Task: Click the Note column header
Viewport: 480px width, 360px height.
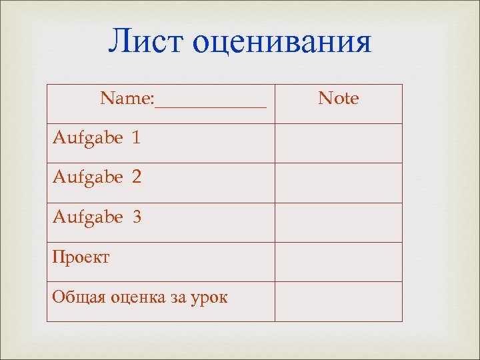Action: [x=339, y=99]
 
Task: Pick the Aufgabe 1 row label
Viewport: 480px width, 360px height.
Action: [x=97, y=139]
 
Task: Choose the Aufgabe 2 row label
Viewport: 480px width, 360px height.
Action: [x=97, y=178]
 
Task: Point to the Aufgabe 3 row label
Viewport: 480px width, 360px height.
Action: [x=97, y=217]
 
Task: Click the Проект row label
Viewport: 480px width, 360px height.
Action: [x=81, y=257]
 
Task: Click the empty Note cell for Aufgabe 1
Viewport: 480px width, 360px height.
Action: [x=339, y=143]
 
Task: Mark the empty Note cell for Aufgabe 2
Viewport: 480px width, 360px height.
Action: [x=339, y=183]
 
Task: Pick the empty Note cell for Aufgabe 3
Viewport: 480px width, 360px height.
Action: [x=339, y=222]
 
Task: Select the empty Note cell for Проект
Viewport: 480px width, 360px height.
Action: [x=339, y=261]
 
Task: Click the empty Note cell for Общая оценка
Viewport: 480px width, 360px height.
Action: [x=339, y=301]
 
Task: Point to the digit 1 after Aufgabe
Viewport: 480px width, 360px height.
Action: [x=137, y=139]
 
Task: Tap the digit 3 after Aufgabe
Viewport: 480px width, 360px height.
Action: [x=137, y=217]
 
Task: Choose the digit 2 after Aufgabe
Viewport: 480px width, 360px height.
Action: [x=137, y=178]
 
